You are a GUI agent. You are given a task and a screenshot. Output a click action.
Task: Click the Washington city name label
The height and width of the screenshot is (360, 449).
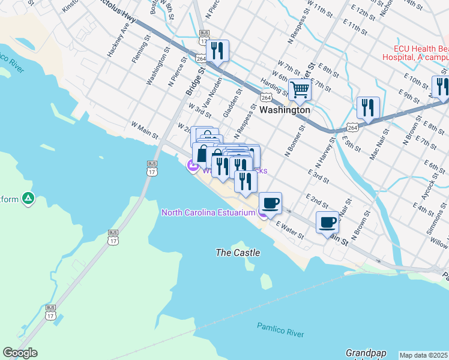(285, 110)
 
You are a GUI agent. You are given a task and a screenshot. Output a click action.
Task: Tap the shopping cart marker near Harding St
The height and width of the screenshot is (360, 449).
(300, 90)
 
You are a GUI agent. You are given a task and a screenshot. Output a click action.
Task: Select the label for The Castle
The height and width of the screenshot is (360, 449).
(238, 253)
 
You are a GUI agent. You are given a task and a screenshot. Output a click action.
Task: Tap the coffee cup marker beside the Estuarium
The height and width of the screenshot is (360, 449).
(270, 203)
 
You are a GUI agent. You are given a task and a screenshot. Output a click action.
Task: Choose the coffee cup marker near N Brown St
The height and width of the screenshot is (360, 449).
(328, 222)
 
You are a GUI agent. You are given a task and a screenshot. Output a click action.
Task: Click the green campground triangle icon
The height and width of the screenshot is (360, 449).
(28, 197)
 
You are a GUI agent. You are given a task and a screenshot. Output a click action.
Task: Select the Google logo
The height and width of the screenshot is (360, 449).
(20, 353)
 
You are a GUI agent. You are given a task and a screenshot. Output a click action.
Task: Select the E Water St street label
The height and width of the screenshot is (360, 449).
(291, 229)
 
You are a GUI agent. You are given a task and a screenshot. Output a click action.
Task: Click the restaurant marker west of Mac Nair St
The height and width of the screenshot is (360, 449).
(367, 107)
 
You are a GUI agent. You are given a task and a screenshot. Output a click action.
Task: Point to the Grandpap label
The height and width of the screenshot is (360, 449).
(366, 353)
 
